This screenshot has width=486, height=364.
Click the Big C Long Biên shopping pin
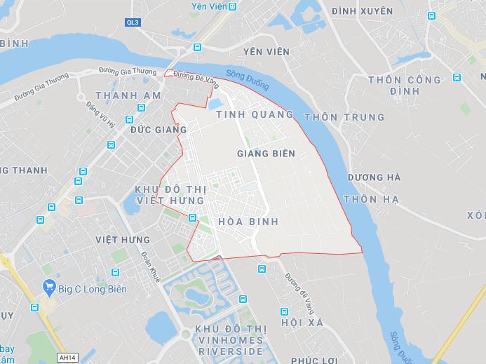(x=49, y=286)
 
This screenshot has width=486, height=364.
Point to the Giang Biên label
(x=266, y=152)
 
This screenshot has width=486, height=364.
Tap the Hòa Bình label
(x=249, y=222)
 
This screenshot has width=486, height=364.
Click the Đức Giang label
(x=158, y=130)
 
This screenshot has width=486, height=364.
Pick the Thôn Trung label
(x=344, y=117)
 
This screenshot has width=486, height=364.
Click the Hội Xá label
(x=301, y=323)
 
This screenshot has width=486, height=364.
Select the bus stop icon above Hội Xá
(x=284, y=311)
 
